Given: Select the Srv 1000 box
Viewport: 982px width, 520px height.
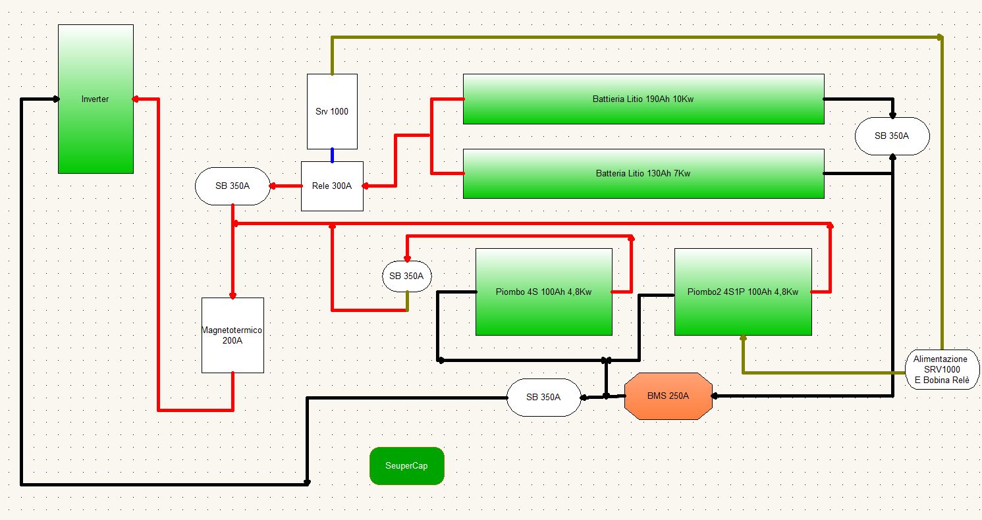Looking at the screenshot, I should (x=332, y=111).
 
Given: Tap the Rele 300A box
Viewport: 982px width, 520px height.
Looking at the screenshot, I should (x=332, y=186).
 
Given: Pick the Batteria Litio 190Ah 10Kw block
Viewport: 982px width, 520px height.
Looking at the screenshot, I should (x=643, y=99).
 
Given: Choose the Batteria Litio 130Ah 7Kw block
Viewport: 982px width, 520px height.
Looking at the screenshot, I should (x=643, y=174).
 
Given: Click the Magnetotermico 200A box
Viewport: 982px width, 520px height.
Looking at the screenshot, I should (x=232, y=334).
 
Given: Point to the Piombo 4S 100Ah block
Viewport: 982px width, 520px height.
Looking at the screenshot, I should (x=543, y=292).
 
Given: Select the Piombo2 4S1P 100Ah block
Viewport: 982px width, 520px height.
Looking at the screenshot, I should (x=742, y=292).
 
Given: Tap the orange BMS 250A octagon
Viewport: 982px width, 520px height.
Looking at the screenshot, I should (x=668, y=396).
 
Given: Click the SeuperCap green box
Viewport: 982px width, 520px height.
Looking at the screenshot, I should (x=407, y=466).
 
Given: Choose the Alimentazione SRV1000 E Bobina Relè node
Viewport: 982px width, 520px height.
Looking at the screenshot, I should (x=942, y=370).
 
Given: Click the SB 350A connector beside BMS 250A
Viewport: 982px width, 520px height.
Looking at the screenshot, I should (x=543, y=397).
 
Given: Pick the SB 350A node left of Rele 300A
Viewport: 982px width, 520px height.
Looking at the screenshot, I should (x=232, y=186).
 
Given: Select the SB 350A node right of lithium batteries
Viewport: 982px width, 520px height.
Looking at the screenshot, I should (x=892, y=136).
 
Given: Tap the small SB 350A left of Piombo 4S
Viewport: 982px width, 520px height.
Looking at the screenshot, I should (x=407, y=276).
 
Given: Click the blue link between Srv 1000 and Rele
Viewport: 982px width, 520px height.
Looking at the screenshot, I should (x=332, y=155).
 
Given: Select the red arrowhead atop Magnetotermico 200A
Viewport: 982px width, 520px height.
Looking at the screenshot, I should (x=232, y=295).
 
